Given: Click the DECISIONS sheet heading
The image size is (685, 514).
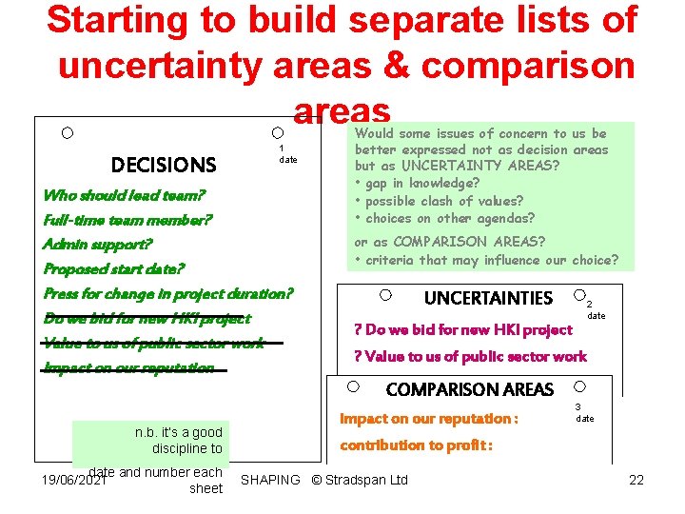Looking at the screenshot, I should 164,165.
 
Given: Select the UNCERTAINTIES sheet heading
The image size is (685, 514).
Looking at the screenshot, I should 488,298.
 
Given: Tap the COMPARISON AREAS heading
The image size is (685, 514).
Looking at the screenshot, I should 469,389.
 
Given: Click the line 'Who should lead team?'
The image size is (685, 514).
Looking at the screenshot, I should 125,195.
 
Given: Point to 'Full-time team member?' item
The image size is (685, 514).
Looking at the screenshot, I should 127,220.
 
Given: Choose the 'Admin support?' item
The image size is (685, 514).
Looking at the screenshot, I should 97,245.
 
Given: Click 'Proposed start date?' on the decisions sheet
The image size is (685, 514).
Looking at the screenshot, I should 114,268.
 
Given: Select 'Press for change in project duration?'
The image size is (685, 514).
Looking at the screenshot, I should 168,293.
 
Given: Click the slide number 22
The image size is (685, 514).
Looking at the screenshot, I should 636,480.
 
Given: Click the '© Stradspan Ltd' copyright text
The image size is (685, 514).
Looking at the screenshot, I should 360,480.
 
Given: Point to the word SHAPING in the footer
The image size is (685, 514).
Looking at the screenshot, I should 270,480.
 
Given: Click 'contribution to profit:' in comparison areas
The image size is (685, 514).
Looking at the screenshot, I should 417,445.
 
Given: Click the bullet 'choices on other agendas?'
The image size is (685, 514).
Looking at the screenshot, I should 445,217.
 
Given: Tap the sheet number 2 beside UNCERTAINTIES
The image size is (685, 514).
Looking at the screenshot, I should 589,304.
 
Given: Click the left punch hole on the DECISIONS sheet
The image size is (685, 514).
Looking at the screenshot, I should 67,132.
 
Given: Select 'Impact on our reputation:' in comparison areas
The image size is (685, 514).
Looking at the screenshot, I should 429,419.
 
